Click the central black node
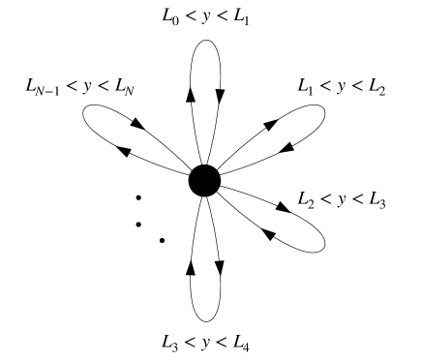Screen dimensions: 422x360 (x=204, y=180)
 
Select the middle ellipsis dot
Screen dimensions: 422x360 (x=139, y=225)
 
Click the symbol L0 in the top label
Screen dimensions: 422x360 (x=166, y=17)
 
